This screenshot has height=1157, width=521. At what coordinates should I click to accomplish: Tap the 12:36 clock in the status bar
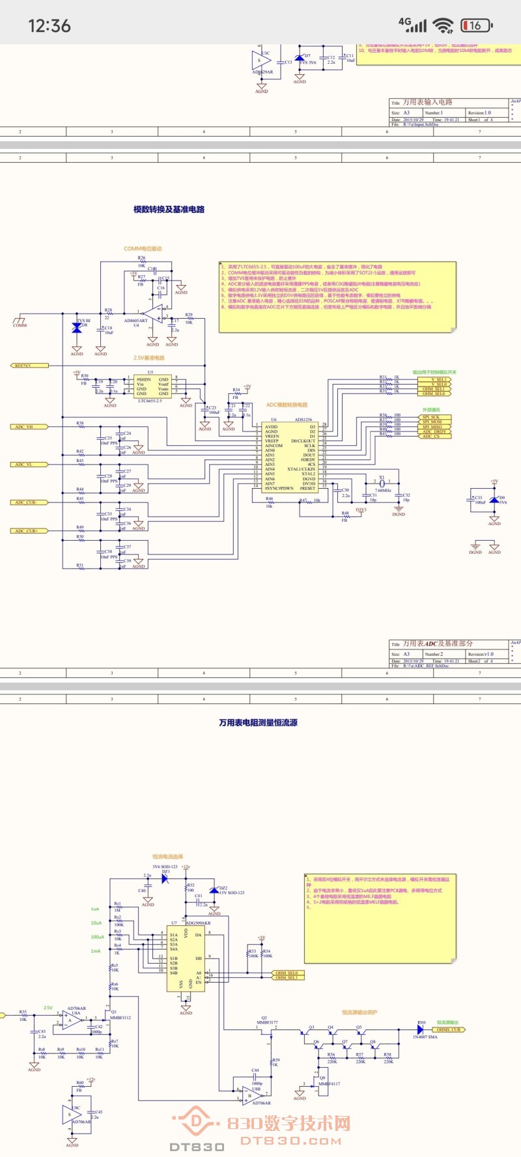[49, 26]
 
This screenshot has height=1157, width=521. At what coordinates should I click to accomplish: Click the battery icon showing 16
[476, 25]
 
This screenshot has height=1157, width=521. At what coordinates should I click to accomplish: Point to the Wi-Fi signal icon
[444, 25]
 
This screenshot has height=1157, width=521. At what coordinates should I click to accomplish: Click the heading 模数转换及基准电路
[169, 210]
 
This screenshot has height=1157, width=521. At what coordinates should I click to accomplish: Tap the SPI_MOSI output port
[432, 422]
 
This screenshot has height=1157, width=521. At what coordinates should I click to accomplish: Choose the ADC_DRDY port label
[434, 431]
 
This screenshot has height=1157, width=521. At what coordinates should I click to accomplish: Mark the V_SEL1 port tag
[440, 379]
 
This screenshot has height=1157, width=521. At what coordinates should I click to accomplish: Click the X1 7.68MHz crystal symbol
[382, 483]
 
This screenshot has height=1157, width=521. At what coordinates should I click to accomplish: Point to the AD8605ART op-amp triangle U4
[156, 314]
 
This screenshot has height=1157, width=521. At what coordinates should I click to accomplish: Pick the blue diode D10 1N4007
[421, 1029]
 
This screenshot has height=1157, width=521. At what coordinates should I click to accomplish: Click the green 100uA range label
[97, 937]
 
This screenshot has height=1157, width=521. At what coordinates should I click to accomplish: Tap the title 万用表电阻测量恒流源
[258, 722]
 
